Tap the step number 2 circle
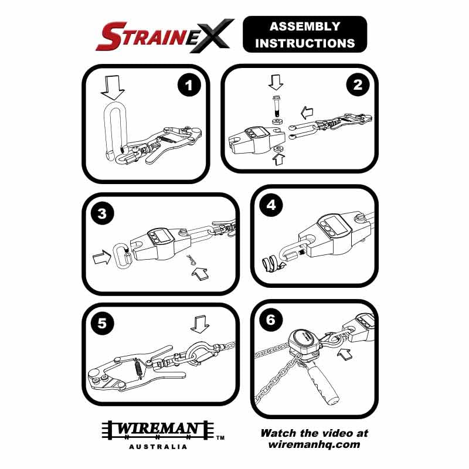(357, 86)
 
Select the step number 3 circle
(103, 214)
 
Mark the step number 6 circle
(270, 320)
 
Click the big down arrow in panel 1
(113, 87)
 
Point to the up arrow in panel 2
(278, 157)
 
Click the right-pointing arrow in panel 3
(102, 256)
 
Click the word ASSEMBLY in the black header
(304, 26)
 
